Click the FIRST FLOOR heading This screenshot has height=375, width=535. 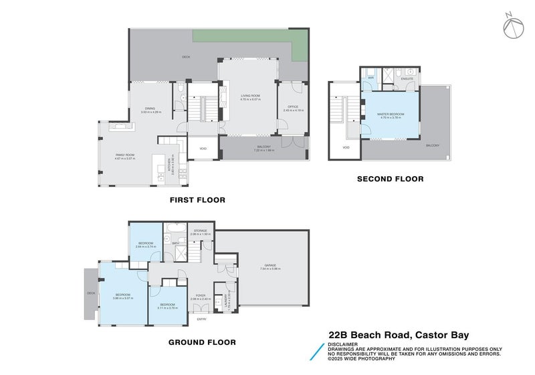coord(197,200)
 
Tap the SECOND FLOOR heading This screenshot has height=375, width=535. coord(390,179)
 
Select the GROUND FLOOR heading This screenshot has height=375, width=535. coord(202,342)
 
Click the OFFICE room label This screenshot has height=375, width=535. coord(292,106)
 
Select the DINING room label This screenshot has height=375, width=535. coord(150,109)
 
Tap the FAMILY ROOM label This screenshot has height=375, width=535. coord(125,155)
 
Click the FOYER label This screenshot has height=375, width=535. coord(201,295)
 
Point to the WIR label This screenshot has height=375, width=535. coord(370,78)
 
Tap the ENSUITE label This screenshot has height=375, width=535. coord(407,79)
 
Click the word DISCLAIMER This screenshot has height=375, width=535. coord(342,344)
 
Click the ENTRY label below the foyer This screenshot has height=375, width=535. coord(201,319)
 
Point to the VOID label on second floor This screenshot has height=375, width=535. coord(346,147)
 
